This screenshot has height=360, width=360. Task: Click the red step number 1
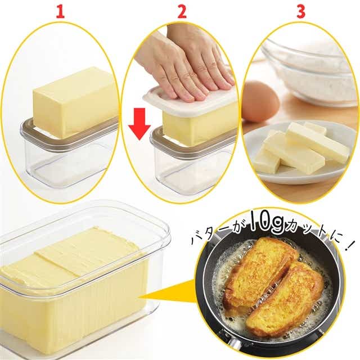click(x=60, y=12)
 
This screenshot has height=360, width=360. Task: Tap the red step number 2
click(x=182, y=12)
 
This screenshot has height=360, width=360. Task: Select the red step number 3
click(x=301, y=12)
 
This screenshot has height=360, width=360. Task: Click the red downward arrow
click(x=139, y=124)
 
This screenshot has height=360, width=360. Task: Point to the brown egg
click(x=260, y=102)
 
